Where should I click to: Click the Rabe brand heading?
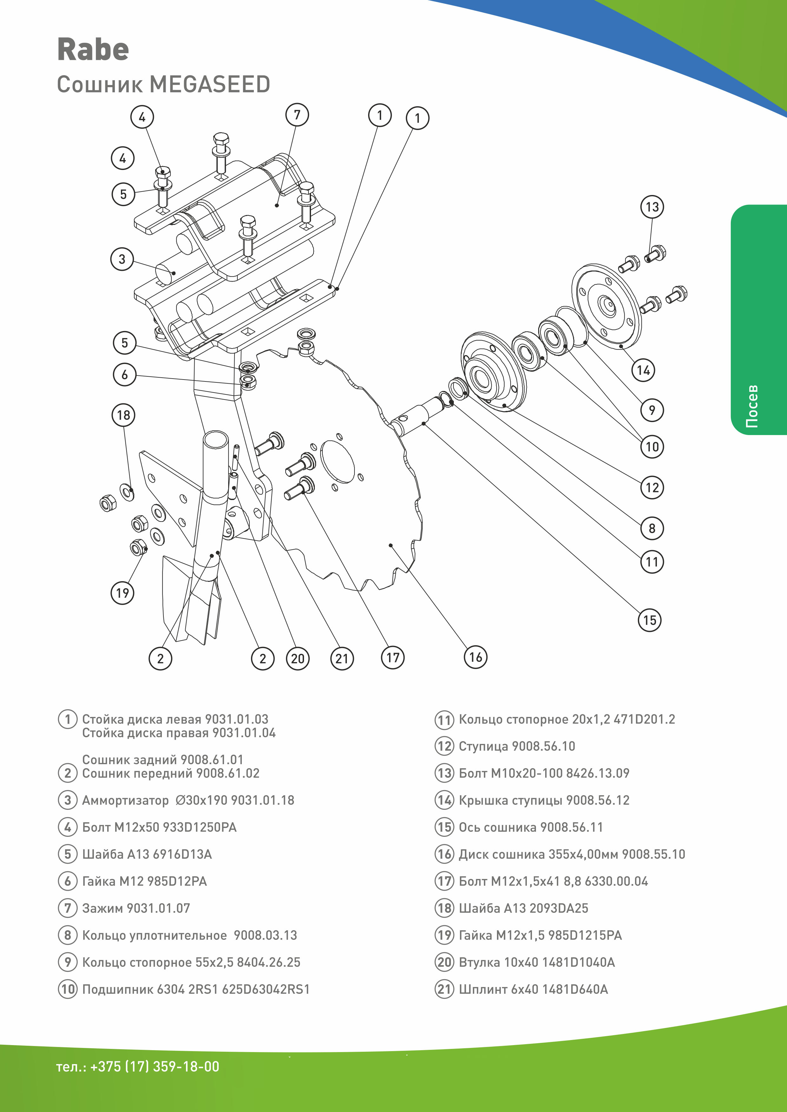(x=93, y=49)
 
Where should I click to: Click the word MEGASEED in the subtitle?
(x=209, y=85)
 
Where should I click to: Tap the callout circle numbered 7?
(x=297, y=115)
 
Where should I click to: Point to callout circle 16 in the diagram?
(x=475, y=657)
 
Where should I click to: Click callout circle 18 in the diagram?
(x=123, y=415)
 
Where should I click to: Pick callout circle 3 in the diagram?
(x=122, y=259)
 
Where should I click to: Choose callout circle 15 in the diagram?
(x=649, y=620)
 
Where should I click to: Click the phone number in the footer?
(x=138, y=1066)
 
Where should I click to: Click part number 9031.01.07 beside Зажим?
(x=158, y=908)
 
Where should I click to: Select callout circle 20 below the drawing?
(x=298, y=659)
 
